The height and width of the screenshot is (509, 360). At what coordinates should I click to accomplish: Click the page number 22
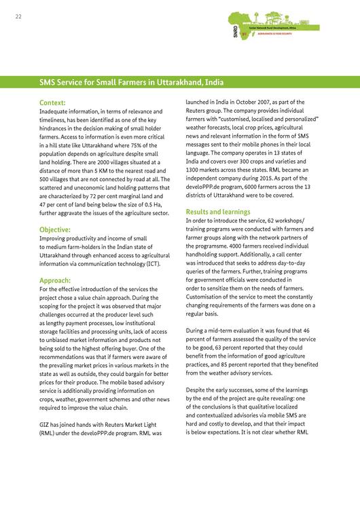(x=18, y=18)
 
